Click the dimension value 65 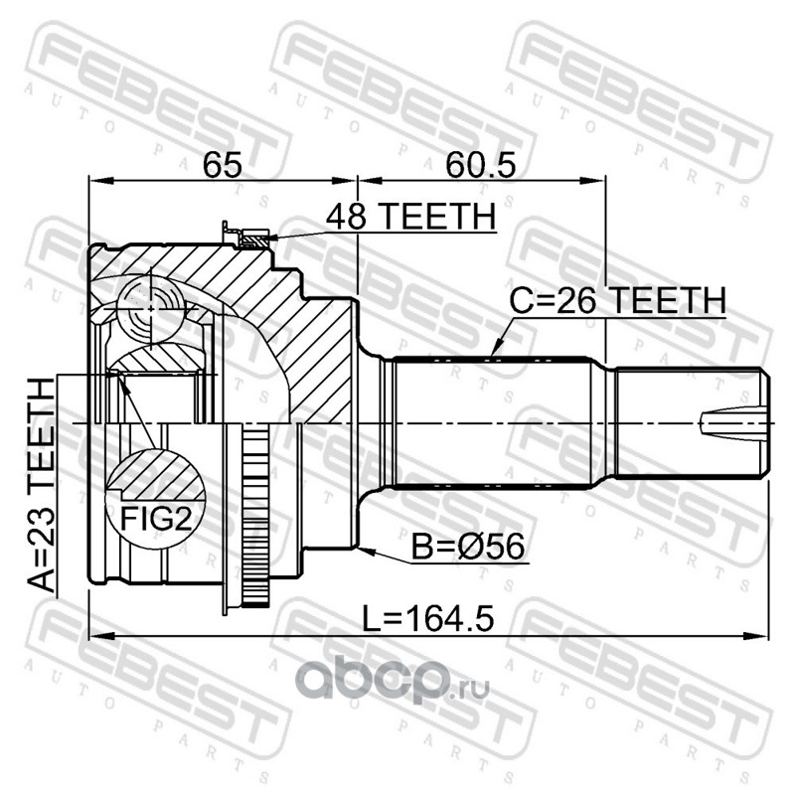tap(222, 165)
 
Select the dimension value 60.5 tap(481, 165)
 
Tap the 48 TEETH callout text tap(410, 217)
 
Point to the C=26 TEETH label tap(617, 300)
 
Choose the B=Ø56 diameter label tap(467, 548)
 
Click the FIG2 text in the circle tap(156, 519)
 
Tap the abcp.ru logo tap(393, 681)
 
